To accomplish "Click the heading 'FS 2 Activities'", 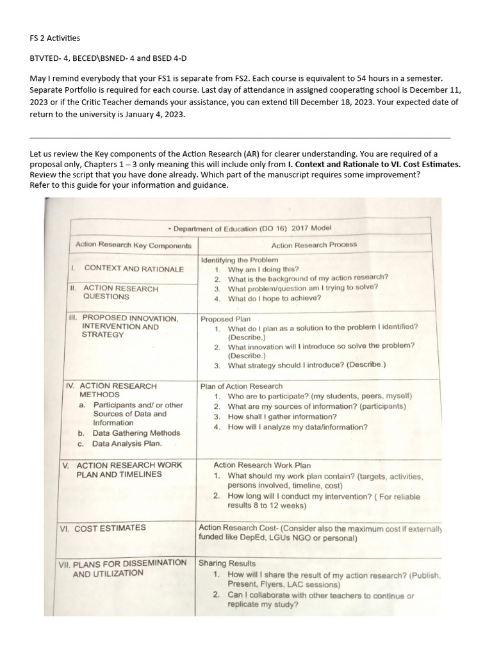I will tap(55, 38).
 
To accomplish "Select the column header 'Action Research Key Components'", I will tap(133, 245).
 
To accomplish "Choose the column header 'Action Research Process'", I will tap(314, 245).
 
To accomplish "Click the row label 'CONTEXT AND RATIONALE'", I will tap(134, 269).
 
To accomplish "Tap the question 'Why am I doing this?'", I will tap(263, 270).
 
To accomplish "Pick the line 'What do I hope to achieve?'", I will tap(274, 299).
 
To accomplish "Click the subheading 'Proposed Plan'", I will tap(225, 318).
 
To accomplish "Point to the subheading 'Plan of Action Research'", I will tap(242, 386).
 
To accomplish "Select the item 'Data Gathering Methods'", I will tap(136, 433).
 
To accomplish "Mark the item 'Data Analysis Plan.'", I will tap(127, 443).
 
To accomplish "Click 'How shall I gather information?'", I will tap(283, 417).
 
